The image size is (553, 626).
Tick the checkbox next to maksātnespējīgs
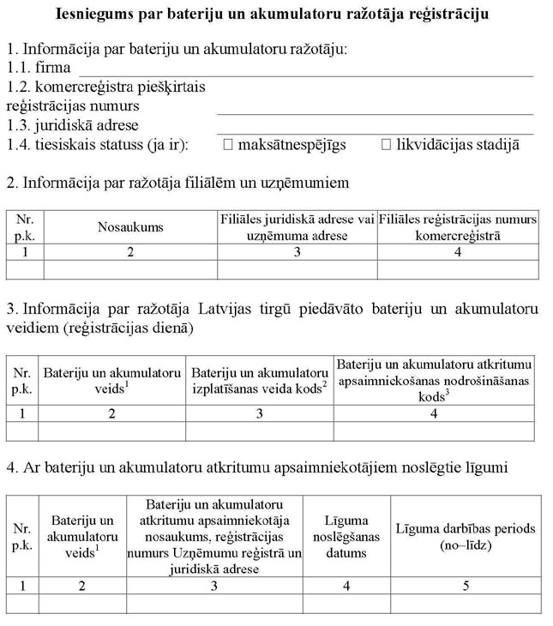(x=228, y=145)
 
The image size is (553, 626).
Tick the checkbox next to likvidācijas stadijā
(x=386, y=145)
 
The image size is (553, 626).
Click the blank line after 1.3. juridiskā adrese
(x=375, y=128)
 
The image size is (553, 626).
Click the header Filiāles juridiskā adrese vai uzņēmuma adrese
(x=297, y=227)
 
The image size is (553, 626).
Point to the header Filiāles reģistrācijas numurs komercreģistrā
(x=458, y=227)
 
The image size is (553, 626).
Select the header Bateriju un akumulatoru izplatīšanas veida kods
(x=259, y=380)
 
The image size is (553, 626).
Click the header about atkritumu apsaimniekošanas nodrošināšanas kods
(x=434, y=380)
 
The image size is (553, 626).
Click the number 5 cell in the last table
(x=465, y=586)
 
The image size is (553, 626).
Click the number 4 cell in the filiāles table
(x=458, y=252)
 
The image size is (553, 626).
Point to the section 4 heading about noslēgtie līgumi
(x=257, y=467)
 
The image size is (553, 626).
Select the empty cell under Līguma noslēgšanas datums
(x=346, y=604)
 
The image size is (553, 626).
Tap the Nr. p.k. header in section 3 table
(x=22, y=380)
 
